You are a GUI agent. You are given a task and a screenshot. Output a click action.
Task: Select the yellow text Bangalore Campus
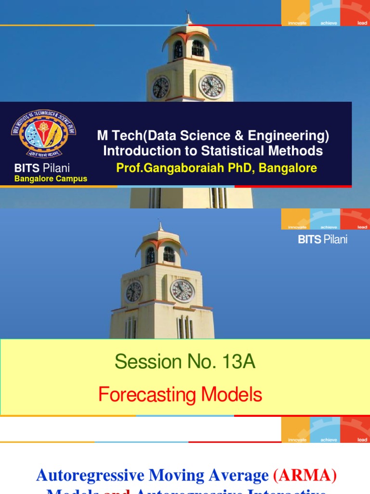click(x=51, y=178)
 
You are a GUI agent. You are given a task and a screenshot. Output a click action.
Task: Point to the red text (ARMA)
click(x=304, y=476)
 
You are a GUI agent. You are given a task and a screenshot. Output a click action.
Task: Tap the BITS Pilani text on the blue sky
click(x=322, y=239)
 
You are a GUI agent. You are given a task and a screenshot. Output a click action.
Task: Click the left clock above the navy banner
click(x=160, y=87)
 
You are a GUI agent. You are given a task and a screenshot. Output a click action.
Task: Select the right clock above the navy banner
click(x=211, y=87)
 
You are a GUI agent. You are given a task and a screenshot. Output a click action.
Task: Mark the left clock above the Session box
click(x=133, y=291)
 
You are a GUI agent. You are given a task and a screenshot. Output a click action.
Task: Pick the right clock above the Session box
click(x=183, y=291)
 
